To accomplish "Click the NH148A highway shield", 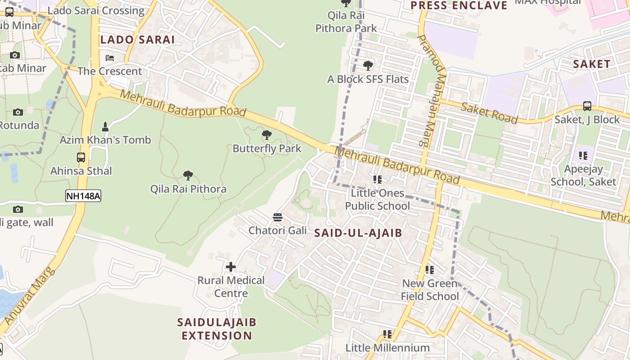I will tap(83, 196).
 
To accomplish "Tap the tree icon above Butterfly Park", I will tap(267, 135).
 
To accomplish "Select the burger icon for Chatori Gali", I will tap(278, 217).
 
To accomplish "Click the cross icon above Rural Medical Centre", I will tap(231, 267).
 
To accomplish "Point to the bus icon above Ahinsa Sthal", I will tap(81, 157).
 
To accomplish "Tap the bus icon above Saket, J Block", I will tap(587, 106).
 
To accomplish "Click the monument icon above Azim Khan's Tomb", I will tap(105, 127).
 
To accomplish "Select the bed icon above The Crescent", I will tap(110, 58).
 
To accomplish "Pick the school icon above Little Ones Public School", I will tap(378, 180).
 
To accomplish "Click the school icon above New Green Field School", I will tap(430, 270).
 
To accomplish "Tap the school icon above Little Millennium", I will tap(387, 334).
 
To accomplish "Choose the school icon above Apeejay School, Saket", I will tap(583, 156).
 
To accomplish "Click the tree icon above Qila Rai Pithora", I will tap(188, 175).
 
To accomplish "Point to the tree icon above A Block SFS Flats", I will tap(368, 66).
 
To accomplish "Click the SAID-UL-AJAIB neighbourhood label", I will tap(358, 233).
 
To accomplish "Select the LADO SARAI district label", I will tap(137, 40).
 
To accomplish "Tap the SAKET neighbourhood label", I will tap(591, 64).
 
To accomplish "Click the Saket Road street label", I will tap(489, 112).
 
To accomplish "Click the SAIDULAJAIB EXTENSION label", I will tap(217, 328).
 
